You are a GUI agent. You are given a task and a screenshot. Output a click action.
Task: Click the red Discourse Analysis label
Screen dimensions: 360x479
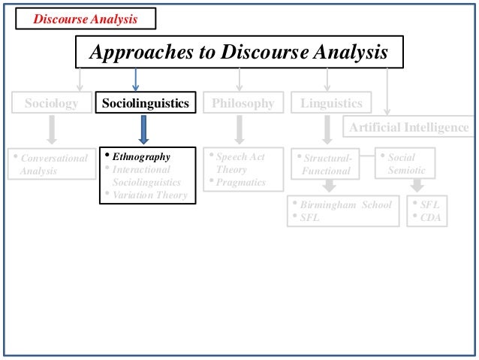84,19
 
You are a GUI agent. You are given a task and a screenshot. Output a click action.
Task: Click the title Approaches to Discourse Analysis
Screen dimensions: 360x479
239,53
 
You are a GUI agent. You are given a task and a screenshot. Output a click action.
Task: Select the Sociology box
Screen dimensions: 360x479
51,104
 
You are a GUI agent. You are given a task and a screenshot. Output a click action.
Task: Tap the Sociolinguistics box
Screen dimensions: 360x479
146,104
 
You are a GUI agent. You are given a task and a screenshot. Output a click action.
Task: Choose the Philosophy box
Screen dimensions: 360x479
243,104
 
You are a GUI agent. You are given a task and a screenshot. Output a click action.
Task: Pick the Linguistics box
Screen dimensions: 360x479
331,104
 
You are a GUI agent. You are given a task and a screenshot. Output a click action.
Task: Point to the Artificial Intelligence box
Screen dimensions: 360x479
408,127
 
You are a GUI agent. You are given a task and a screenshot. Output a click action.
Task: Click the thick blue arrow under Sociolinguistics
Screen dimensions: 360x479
146,129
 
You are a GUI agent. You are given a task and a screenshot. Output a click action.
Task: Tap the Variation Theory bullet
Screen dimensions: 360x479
150,195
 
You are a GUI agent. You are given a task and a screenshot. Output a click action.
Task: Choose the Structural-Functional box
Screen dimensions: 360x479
325,165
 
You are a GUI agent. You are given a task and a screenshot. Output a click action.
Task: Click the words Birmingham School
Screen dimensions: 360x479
345,204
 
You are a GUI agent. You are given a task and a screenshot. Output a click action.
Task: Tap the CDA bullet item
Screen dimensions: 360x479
430,218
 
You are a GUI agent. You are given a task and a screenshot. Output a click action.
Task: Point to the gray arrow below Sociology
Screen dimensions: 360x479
51,129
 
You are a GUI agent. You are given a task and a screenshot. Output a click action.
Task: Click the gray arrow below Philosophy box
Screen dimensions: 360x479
239,129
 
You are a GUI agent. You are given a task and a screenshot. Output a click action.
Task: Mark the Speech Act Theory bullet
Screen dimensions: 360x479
240,163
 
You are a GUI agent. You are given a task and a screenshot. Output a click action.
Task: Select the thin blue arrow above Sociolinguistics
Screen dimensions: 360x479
135,79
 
